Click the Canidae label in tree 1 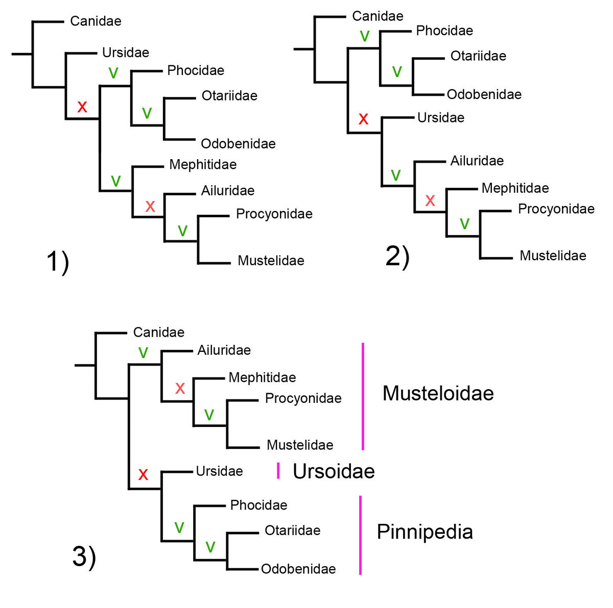tap(96, 21)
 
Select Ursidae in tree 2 tap(440, 118)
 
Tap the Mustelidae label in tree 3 tap(300, 445)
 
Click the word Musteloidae tap(438, 393)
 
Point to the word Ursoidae tap(334, 471)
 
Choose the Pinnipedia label tap(425, 531)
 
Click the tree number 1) tap(58, 262)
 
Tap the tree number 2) tap(397, 256)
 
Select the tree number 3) tap(84, 556)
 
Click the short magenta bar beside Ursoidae tap(278, 471)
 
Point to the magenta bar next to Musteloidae tap(363, 396)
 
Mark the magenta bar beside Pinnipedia tap(360, 535)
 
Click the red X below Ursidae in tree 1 tap(82, 107)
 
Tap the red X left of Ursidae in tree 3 tap(143, 474)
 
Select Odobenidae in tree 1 tap(238, 144)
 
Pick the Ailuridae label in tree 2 tap(477, 161)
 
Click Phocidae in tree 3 tap(258, 505)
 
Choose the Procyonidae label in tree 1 tap(274, 214)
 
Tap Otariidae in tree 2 tap(478, 56)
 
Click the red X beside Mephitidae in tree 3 tap(180, 389)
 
